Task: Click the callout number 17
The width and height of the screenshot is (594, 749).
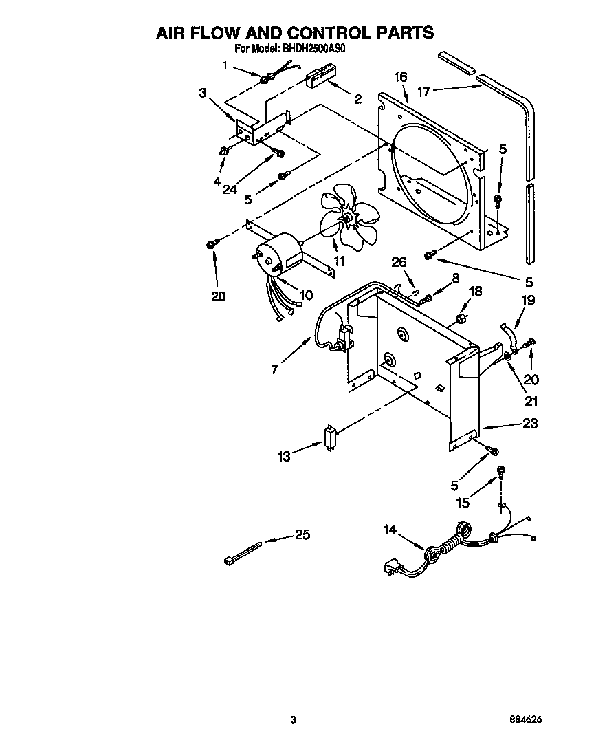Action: click(424, 90)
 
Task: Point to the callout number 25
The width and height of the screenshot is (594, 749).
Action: click(302, 534)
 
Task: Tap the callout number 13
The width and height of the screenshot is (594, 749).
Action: click(284, 455)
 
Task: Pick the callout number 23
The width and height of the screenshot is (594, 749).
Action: click(529, 424)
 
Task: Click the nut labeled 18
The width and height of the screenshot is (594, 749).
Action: click(462, 318)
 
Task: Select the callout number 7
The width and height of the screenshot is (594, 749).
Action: click(274, 369)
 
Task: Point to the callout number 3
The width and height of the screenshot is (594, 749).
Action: click(203, 93)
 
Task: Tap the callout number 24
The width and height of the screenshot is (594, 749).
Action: click(230, 190)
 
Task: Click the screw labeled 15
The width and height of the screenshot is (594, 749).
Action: click(501, 472)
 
